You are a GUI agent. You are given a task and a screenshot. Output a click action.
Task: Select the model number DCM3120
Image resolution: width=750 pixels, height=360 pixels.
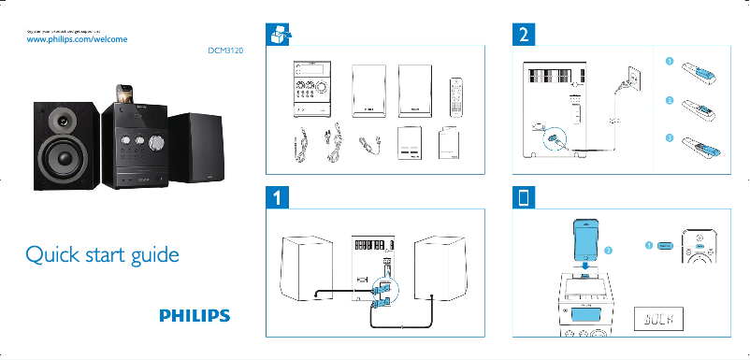[225, 52]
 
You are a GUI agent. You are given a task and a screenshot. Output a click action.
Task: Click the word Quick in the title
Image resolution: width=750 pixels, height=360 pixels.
[53, 254]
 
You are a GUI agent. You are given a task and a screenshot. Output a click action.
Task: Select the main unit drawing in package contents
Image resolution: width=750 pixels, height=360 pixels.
[312, 91]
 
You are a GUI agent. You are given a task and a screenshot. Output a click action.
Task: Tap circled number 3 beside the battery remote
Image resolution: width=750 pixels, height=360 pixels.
[669, 137]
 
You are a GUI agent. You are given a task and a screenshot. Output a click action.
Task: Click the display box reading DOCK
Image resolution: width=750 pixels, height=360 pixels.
[660, 321]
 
